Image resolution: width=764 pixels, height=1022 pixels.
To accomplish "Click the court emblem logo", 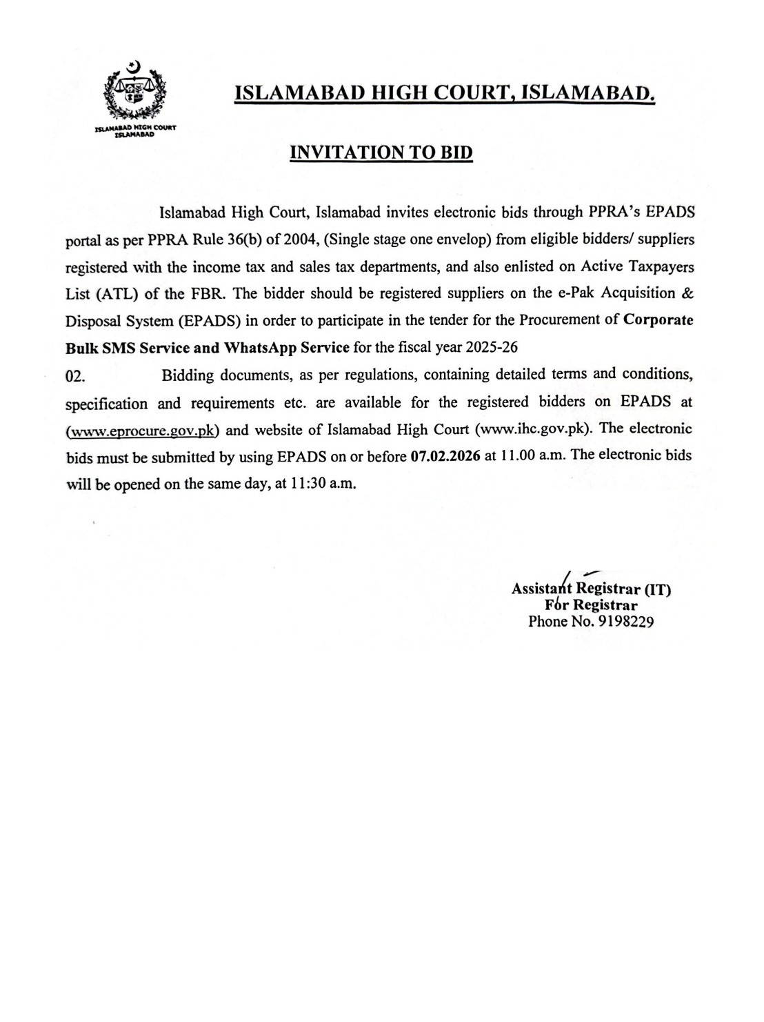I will point(135,93).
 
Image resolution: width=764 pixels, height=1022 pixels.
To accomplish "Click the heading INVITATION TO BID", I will point(381,153).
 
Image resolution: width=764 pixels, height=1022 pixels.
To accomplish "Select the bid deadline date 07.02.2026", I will point(445,456).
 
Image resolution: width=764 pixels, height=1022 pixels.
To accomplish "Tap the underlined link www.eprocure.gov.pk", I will point(143,431).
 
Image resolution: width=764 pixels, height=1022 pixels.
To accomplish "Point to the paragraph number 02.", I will point(74,375).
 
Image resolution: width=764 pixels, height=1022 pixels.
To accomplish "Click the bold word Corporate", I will point(659,321).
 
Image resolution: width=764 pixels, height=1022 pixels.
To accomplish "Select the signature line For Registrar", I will point(591,605).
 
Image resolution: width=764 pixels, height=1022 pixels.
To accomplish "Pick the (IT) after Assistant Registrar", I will point(657,590).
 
